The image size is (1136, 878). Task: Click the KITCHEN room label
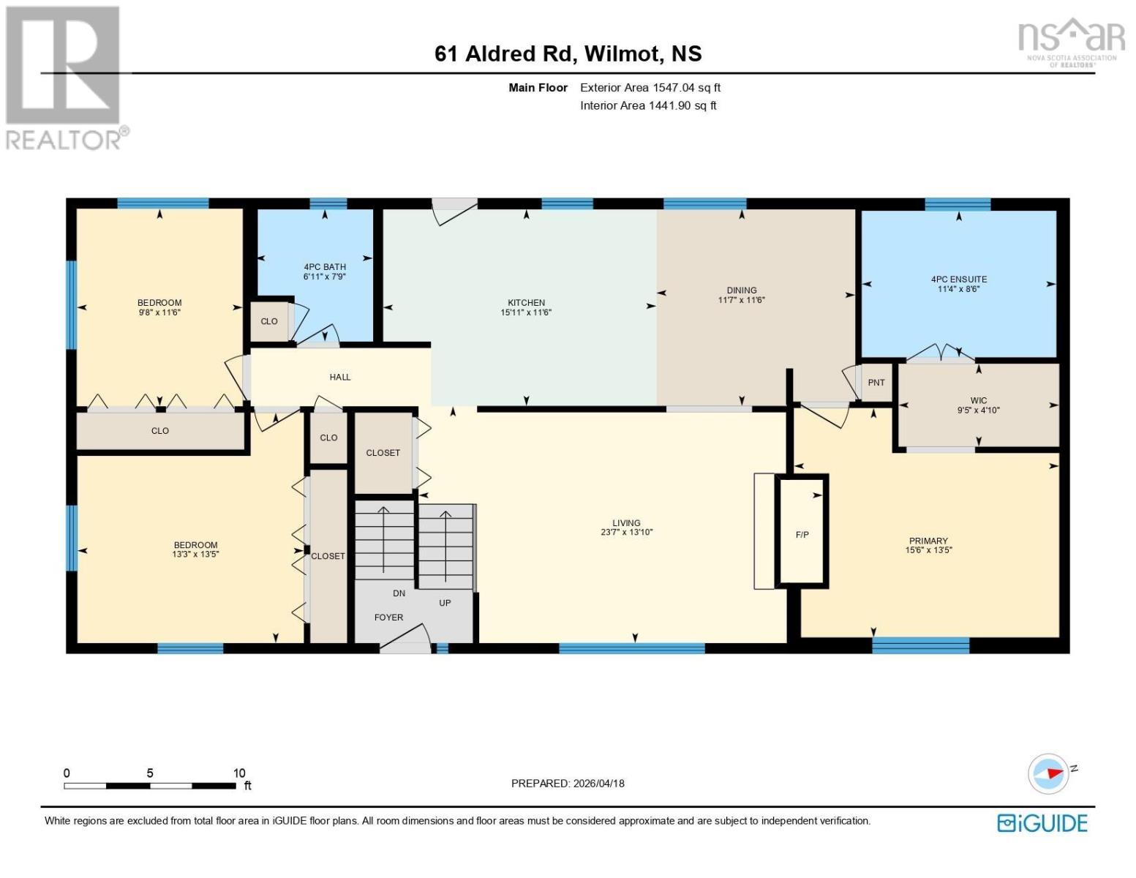tap(526, 302)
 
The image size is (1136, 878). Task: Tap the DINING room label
tap(741, 290)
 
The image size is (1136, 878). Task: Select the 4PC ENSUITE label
tap(958, 279)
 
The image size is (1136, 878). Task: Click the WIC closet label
tap(978, 400)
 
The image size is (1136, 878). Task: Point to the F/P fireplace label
tap(802, 534)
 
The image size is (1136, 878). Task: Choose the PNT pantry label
tap(876, 382)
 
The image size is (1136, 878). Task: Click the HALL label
tap(340, 377)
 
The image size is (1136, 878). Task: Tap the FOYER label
tap(388, 617)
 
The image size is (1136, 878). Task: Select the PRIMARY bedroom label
tap(928, 541)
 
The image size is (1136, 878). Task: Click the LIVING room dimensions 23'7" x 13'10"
tap(626, 533)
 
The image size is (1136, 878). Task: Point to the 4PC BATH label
tap(325, 267)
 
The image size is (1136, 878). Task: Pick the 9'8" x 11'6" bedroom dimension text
tap(159, 312)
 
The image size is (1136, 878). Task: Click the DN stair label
tap(399, 593)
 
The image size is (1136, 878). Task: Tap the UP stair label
tap(444, 603)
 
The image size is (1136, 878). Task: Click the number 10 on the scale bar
tap(239, 773)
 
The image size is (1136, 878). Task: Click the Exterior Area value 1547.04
tap(672, 87)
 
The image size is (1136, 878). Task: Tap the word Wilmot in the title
tap(620, 54)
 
